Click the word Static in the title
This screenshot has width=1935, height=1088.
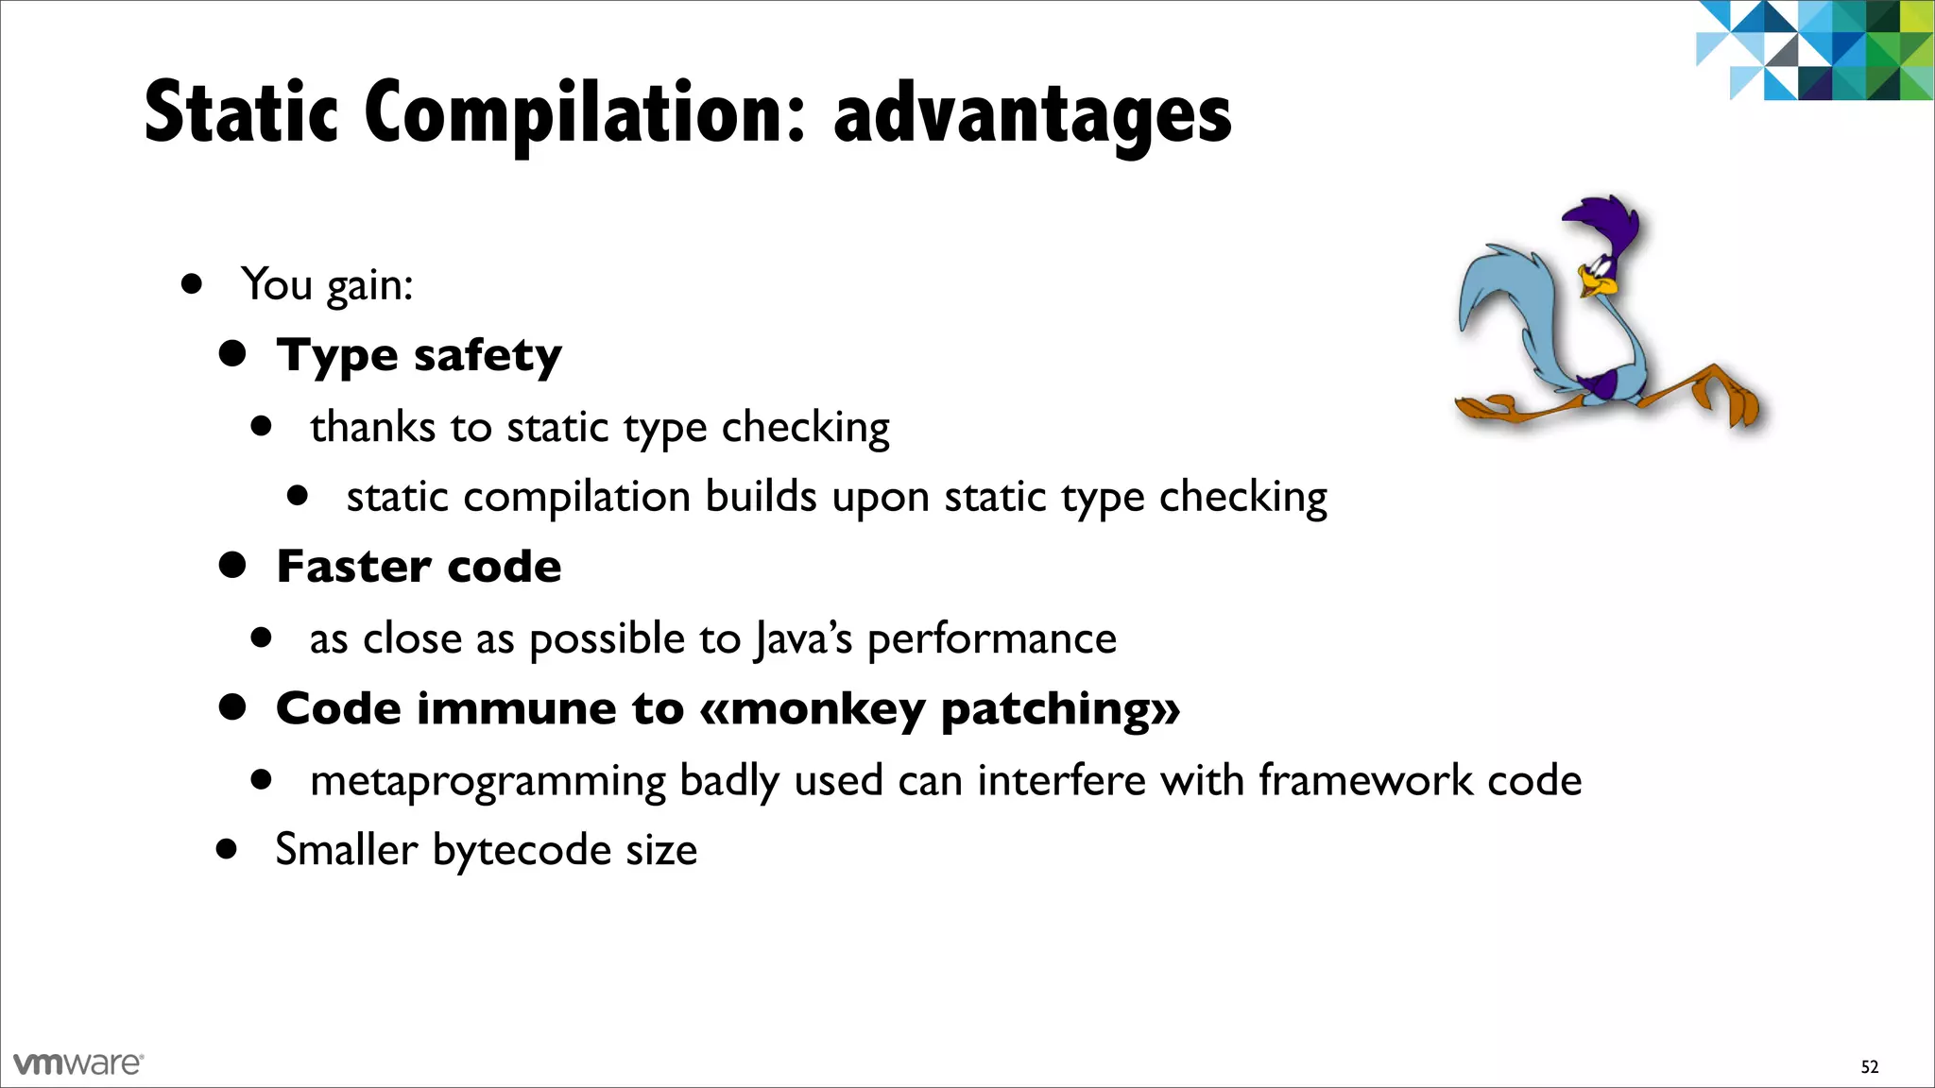coord(241,113)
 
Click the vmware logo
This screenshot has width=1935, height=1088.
coord(78,1063)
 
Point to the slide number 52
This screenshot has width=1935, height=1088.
coord(1869,1067)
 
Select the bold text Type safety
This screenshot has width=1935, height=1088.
coord(419,356)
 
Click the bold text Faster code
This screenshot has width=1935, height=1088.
coord(419,567)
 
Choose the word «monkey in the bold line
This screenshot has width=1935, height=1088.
coord(812,709)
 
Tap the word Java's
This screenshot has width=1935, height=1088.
coord(803,639)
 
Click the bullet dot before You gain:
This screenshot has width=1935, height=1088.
coord(193,283)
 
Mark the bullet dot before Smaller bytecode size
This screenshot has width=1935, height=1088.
coord(226,848)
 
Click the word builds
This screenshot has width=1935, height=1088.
coord(761,497)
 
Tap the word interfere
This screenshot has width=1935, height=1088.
coord(1062,780)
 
